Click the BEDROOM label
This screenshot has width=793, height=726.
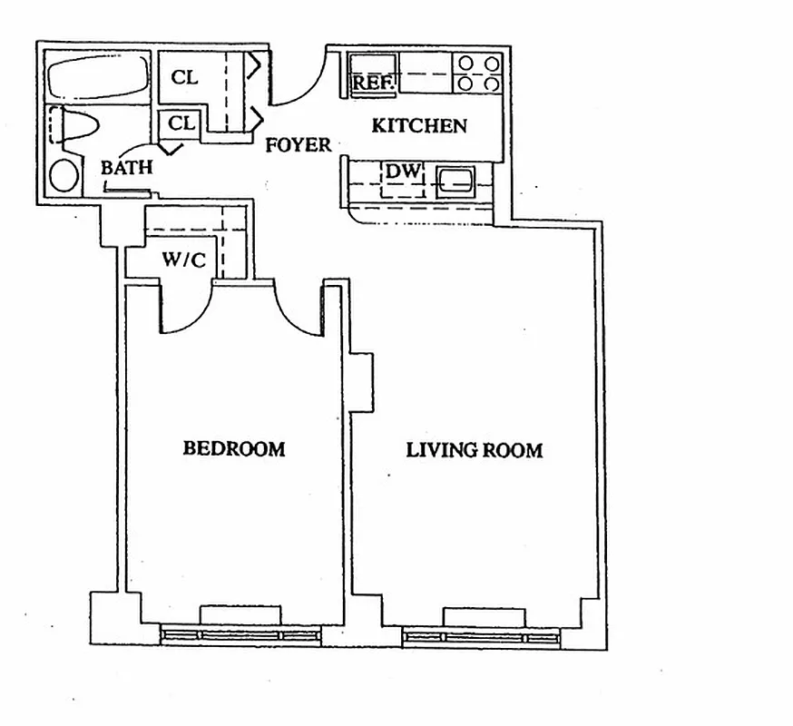(234, 448)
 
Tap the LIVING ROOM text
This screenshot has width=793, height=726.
(474, 450)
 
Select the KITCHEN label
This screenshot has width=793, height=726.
(419, 126)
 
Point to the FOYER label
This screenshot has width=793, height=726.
(298, 144)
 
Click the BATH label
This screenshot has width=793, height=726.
(126, 168)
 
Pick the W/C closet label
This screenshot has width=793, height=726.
(184, 260)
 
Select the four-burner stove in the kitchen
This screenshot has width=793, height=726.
(478, 74)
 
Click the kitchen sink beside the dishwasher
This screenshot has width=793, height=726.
(454, 181)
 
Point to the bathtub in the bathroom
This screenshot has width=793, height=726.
(97, 77)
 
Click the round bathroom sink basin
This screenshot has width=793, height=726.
(64, 175)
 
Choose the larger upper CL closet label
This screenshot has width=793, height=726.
(184, 78)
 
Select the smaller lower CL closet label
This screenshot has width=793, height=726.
(181, 123)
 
